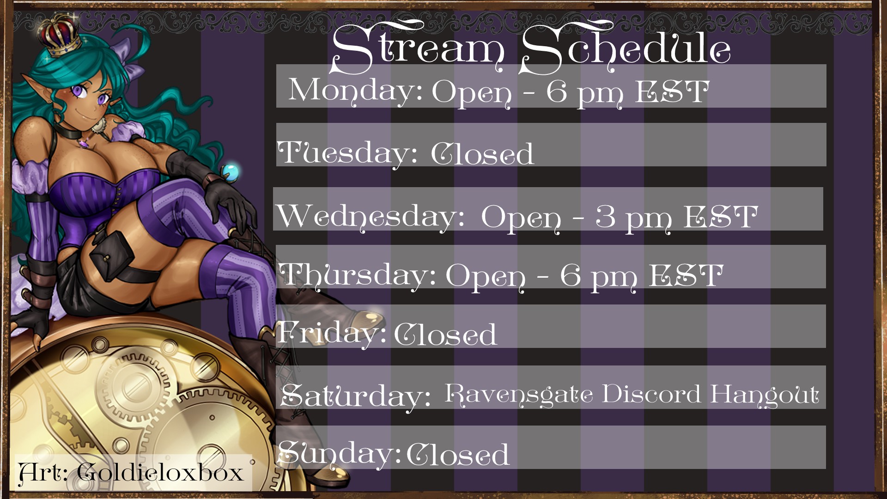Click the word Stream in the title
pyautogui.click(x=418, y=48)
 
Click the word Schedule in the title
pyautogui.click(x=625, y=48)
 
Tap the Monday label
pyautogui.click(x=355, y=91)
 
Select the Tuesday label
pyautogui.click(x=347, y=153)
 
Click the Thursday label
pyautogui.click(x=358, y=275)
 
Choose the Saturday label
pyautogui.click(x=355, y=396)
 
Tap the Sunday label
pyautogui.click(x=339, y=454)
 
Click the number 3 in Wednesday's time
pyautogui.click(x=605, y=216)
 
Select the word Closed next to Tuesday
pyautogui.click(x=482, y=153)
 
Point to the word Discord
pyautogui.click(x=652, y=394)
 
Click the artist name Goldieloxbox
pyautogui.click(x=160, y=473)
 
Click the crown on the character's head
pyautogui.click(x=60, y=33)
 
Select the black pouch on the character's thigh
pyautogui.click(x=112, y=256)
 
